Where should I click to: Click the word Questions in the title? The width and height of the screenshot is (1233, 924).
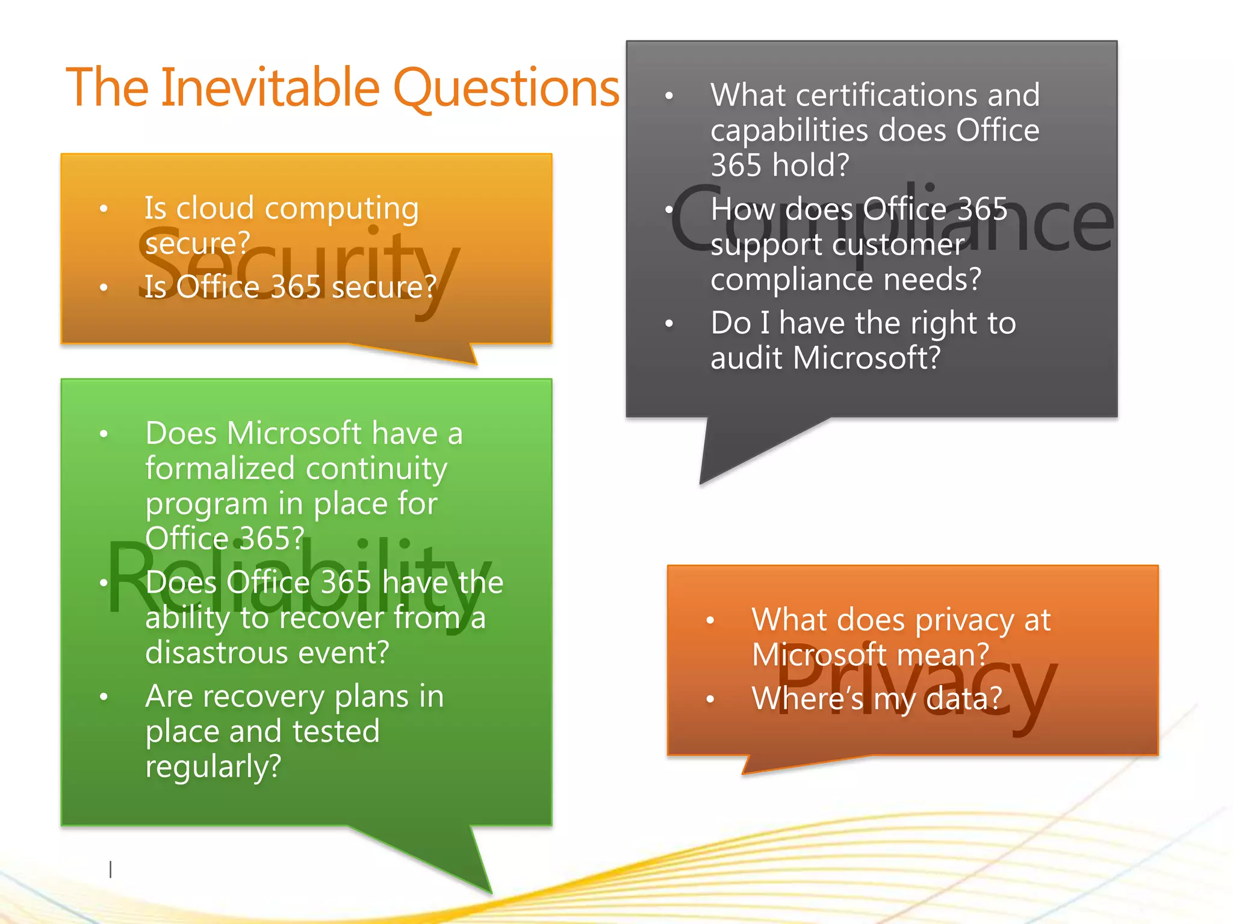(x=506, y=88)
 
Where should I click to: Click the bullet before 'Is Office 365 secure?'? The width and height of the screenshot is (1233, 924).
(x=104, y=288)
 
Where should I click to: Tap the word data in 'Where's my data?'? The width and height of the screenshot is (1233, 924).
(x=963, y=699)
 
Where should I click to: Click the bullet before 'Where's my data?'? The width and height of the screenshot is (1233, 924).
(x=710, y=699)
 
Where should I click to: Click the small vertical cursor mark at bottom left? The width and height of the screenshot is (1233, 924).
(x=110, y=869)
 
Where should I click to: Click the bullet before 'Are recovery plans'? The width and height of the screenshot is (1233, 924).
(x=104, y=697)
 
